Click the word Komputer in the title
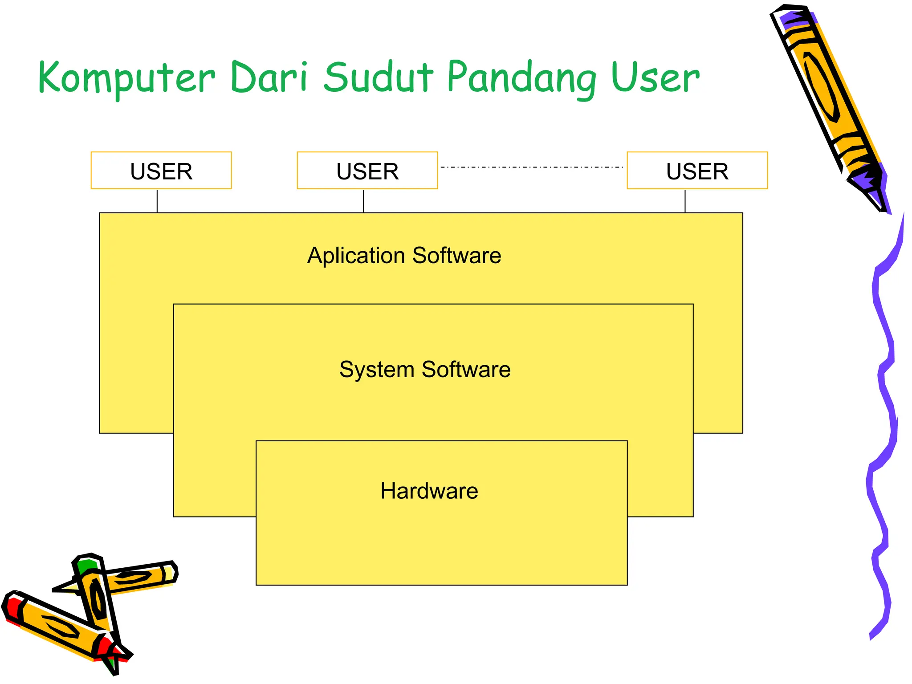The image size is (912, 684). tap(127, 78)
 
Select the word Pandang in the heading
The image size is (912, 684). tap(521, 78)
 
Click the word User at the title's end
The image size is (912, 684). tap(655, 78)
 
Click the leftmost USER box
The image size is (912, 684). tap(161, 171)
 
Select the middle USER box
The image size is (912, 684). tap(367, 171)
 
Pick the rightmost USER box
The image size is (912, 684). tap(697, 171)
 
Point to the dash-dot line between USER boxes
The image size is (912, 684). tap(532, 167)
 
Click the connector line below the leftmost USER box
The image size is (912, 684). tap(157, 201)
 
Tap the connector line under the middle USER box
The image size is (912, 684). tap(363, 201)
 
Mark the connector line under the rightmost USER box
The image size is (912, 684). tap(685, 201)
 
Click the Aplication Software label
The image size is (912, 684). tap(404, 256)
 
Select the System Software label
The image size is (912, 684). tap(425, 370)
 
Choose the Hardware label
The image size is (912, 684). tap(429, 491)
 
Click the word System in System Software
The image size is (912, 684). tap(377, 370)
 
